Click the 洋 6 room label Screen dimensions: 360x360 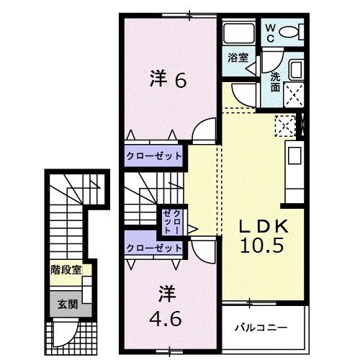168,78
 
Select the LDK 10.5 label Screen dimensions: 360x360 264,236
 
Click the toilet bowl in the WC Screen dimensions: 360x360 289,32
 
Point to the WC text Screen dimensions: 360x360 271,33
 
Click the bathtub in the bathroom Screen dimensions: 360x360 239,33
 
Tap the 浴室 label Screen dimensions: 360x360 238,58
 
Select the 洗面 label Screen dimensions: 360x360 275,82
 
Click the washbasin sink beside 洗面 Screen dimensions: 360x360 296,69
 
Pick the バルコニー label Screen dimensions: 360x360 261,328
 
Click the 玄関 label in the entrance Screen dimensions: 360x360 68,305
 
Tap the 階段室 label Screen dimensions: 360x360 66,270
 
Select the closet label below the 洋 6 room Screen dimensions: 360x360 154,156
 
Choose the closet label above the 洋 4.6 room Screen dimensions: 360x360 154,248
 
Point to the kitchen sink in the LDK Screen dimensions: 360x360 294,156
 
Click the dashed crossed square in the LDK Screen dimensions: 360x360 285,126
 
